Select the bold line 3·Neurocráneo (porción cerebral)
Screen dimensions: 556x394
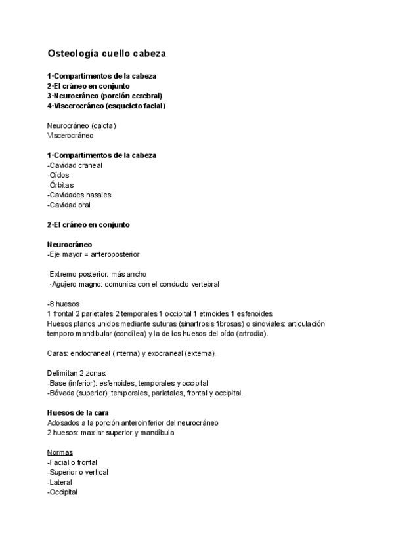click(x=104, y=96)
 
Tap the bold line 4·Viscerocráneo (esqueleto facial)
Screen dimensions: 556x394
click(x=106, y=106)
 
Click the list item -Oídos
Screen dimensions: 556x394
click(x=58, y=175)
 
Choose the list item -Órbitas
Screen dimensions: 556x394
click(x=60, y=185)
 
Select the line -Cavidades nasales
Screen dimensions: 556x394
click(x=79, y=195)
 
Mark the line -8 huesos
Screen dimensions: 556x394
click(x=64, y=304)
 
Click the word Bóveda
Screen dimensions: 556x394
click(x=62, y=393)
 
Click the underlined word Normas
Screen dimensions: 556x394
click(x=60, y=452)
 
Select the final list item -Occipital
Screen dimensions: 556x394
click(x=62, y=492)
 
